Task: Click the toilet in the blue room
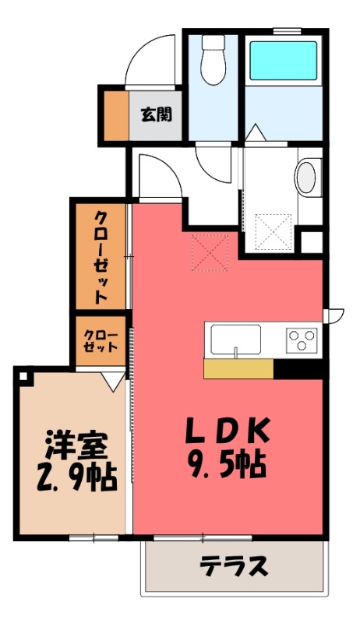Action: (x=214, y=60)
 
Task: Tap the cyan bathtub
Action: (x=283, y=61)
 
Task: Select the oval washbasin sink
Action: (x=307, y=178)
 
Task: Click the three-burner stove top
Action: (x=302, y=340)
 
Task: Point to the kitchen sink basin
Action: (x=235, y=340)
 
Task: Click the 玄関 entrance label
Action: (x=157, y=115)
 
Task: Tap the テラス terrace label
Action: (x=234, y=566)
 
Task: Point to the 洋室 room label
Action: (x=76, y=445)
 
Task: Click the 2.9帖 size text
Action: (x=76, y=477)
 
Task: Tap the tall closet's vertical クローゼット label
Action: (x=101, y=258)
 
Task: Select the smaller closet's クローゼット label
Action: (x=101, y=340)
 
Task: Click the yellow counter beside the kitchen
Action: (x=238, y=368)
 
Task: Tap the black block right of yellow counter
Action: (x=298, y=368)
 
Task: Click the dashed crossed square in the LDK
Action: (x=210, y=252)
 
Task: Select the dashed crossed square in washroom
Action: (x=274, y=232)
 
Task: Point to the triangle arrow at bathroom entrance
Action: (x=255, y=132)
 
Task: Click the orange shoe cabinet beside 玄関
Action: (x=116, y=115)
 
